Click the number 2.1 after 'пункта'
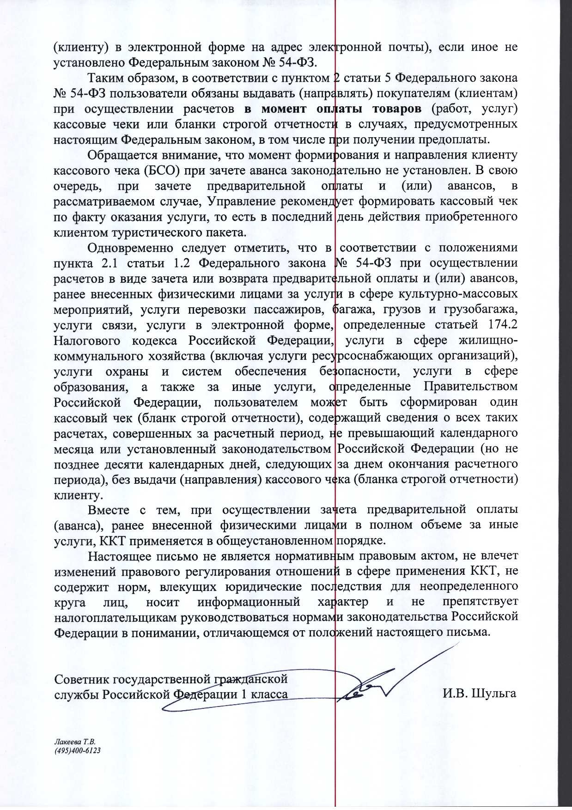pos(109,263)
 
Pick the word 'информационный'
pos(249,603)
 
